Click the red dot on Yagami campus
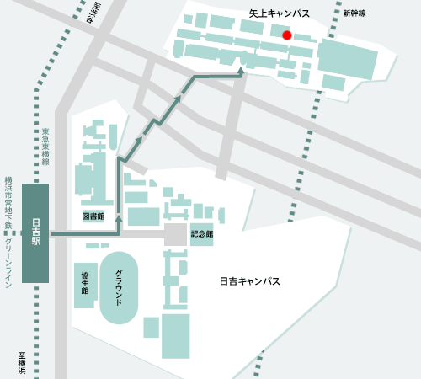coord(287,35)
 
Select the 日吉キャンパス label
coord(249,281)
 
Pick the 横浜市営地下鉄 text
coord(8,202)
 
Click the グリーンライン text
coord(8,263)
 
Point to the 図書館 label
coord(93,216)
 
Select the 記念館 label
coord(202,233)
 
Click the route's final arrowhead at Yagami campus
coord(242,73)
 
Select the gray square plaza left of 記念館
coord(176,235)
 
